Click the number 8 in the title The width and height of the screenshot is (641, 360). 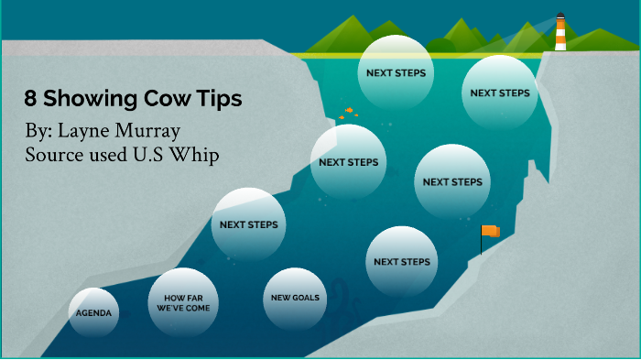coord(30,99)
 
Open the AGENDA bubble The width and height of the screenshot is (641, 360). coord(94,312)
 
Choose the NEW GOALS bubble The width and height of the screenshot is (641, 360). coord(296,299)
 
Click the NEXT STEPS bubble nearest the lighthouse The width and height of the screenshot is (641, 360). coord(500,93)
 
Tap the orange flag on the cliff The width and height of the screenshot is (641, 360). coord(491,232)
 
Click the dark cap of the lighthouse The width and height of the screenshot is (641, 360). coord(560,16)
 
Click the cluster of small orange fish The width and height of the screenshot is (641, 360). coord(347,114)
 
